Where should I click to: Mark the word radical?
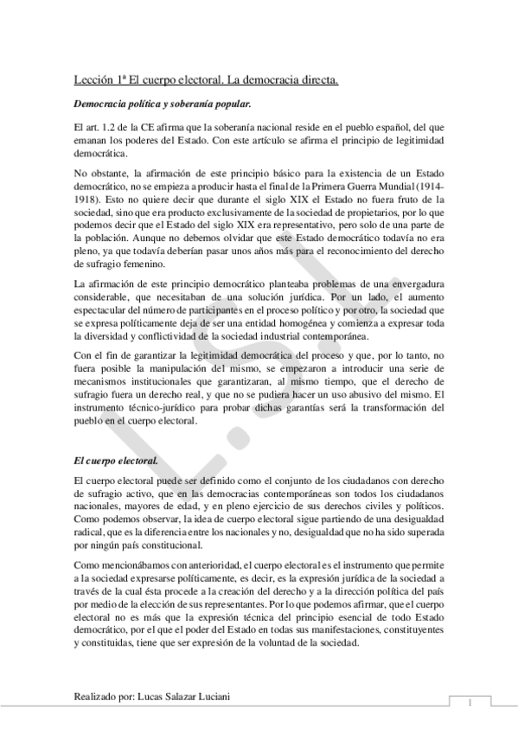93,533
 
